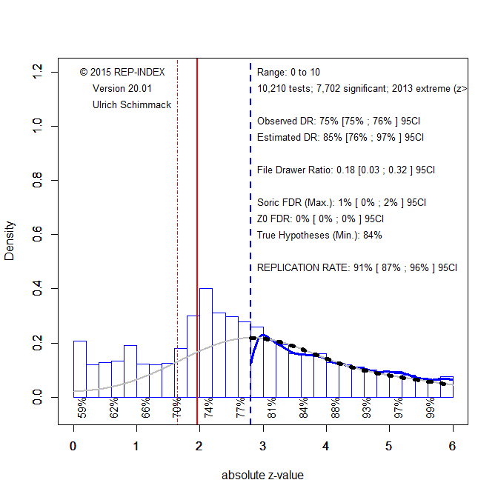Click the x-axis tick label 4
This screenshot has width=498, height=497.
pos(326,447)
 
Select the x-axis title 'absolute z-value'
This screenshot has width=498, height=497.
pos(262,476)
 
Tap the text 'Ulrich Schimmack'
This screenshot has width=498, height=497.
pos(132,105)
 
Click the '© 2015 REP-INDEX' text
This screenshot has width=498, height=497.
pos(122,72)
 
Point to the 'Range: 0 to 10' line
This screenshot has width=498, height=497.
pos(289,73)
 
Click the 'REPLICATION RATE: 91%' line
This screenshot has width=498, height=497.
pos(357,267)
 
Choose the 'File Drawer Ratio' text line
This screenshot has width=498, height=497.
pos(346,170)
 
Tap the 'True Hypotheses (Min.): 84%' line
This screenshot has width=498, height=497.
pos(319,235)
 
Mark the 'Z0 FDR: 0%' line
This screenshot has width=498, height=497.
pos(320,219)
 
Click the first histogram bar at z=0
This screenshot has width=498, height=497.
pos(80,369)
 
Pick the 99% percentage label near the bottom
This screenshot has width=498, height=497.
pos(431,408)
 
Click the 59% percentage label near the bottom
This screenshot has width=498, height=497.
pos(82,408)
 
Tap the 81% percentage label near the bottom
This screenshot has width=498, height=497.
pos(272,408)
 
